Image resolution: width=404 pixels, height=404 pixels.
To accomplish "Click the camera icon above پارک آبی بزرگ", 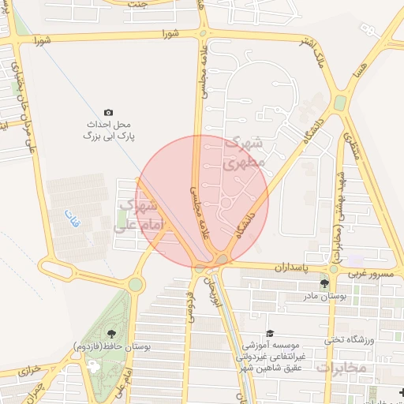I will pos(108,113).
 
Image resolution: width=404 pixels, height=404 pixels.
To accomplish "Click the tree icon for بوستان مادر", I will pos(324,284).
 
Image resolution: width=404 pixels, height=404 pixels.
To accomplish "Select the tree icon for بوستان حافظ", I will pos(110,334).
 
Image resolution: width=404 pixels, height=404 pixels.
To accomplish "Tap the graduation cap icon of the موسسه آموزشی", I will pos(271,334).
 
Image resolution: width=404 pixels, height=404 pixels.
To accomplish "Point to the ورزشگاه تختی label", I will pos(342,339).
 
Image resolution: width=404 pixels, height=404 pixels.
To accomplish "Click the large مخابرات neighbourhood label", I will pos(341,368).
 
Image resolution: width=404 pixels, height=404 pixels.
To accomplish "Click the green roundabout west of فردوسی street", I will pos(136,284).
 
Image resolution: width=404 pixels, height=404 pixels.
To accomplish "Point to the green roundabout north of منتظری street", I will pos(340,103).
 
